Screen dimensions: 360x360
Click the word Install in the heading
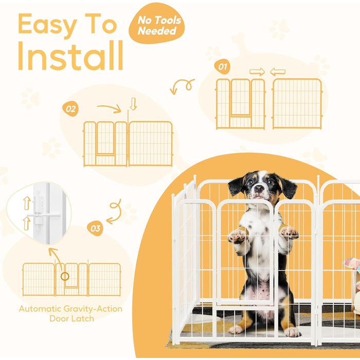pos(70,56)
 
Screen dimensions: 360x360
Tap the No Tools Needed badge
pos(157,24)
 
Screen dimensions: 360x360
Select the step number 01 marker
pos(222,67)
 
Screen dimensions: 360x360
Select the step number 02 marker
pos(70,109)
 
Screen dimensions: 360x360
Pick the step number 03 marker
pos(95,228)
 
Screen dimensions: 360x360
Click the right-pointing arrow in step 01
pos(257,71)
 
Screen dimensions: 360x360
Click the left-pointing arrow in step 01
pos(278,72)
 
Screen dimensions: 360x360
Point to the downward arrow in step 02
pos(133,104)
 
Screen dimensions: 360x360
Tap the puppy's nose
pos(259,189)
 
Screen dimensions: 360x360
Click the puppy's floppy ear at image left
pos(236,186)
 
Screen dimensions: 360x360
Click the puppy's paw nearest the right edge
pos(289,232)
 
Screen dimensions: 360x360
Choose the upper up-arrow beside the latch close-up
pos(27,203)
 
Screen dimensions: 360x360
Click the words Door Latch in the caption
pos(71,319)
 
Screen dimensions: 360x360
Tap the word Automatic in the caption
pos(40,309)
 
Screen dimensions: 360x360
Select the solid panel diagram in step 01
pos(297,103)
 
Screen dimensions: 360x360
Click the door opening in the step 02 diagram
pos(105,138)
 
